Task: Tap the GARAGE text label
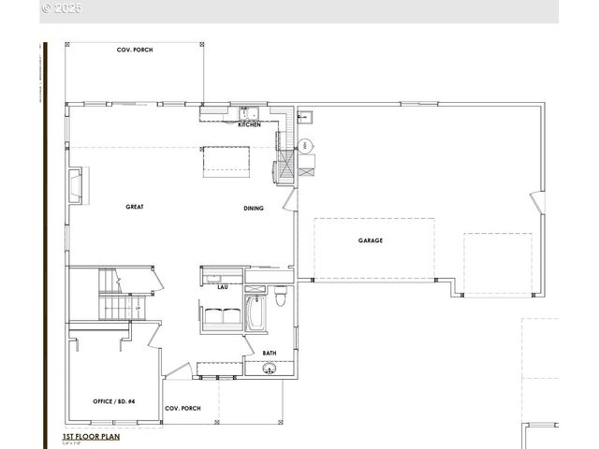pos(370,240)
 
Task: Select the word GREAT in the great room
pos(135,207)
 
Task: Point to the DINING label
pos(253,209)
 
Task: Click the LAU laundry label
pos(223,287)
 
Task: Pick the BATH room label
pos(270,353)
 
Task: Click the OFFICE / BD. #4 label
pos(113,401)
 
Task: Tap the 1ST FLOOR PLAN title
pos(92,437)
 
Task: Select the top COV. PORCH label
pos(135,50)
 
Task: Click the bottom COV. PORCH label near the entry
pos(183,409)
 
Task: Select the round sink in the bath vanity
pos(270,370)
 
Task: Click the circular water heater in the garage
pos(307,146)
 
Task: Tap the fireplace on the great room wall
pos(77,184)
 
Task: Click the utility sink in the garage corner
pos(305,117)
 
